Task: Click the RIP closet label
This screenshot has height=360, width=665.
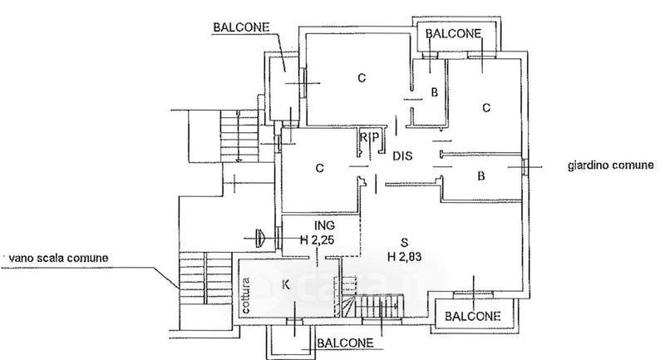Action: tap(370, 136)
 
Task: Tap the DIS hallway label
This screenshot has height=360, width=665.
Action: tap(403, 155)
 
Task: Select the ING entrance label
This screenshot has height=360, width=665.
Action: tap(325, 225)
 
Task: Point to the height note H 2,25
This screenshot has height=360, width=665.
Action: tap(317, 240)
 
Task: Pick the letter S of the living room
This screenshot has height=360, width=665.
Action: tap(404, 242)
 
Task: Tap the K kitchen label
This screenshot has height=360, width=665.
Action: tap(285, 285)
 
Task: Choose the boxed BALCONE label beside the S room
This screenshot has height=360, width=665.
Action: tap(471, 316)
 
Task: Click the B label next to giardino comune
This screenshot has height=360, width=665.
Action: tap(480, 175)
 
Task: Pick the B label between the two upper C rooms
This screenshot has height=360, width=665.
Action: tap(434, 93)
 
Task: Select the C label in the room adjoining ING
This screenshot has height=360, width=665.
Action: tap(319, 169)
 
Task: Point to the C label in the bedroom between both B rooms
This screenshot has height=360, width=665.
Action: tap(486, 107)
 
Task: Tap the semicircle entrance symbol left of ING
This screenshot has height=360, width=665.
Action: tap(261, 239)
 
